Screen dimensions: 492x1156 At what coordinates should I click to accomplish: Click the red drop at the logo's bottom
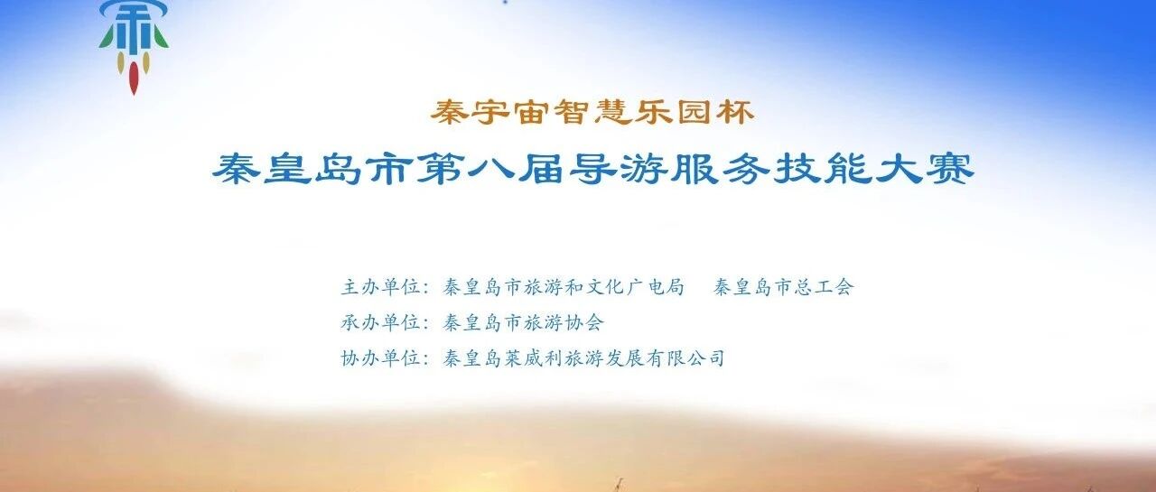(x=134, y=79)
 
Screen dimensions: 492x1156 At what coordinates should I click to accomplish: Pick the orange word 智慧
(x=592, y=112)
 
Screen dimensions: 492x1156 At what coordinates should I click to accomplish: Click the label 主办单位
(x=379, y=287)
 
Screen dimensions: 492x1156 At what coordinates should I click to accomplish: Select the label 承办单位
(x=379, y=322)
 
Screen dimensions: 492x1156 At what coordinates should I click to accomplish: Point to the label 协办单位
(x=379, y=358)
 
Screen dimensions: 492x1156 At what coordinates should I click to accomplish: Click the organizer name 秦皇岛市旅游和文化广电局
(x=564, y=287)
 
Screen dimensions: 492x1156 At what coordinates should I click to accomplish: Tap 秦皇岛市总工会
(x=783, y=287)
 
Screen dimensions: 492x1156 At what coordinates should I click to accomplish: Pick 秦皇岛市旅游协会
(x=523, y=322)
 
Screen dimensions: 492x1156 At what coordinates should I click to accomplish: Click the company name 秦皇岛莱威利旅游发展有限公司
(x=583, y=358)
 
